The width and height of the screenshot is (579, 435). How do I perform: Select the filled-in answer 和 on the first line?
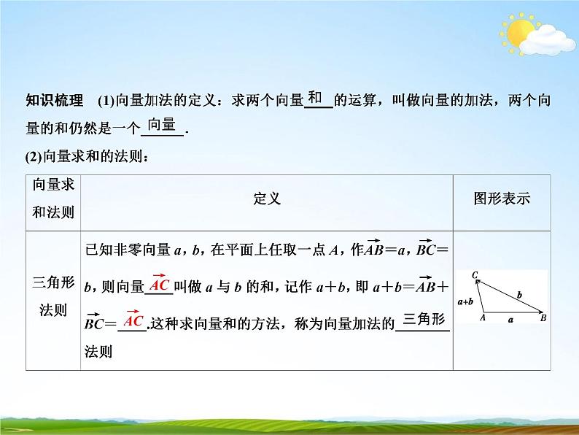point(316,98)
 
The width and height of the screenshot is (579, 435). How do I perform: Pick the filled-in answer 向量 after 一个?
point(161,124)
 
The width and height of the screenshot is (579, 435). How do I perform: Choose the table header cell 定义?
point(267,199)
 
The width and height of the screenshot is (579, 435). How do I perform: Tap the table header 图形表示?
point(502,199)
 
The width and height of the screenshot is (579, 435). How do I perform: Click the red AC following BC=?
point(133,320)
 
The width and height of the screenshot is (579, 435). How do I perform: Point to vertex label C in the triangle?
point(475,275)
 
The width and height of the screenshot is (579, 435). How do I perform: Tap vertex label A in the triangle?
point(482,317)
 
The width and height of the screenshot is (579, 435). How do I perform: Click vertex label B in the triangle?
point(543,317)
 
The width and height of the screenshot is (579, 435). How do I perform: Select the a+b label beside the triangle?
point(466,300)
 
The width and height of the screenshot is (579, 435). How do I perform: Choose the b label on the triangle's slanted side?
point(518,294)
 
